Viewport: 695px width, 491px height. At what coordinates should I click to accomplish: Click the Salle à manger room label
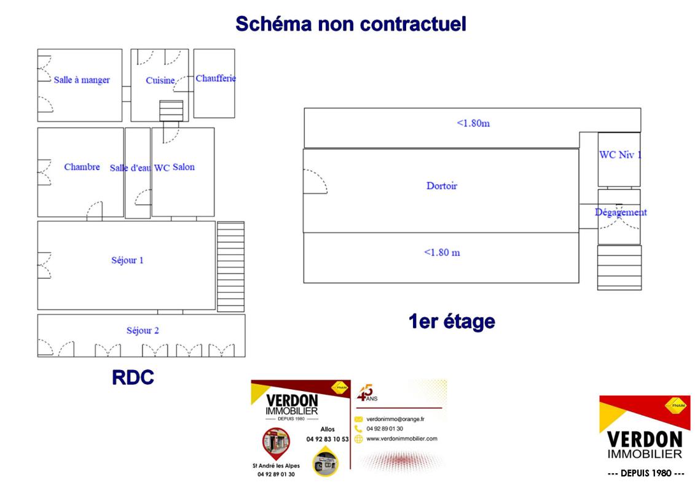coord(82,80)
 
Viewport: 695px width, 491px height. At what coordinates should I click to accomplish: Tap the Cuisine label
coord(160,80)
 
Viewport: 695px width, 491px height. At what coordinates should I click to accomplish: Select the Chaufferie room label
coord(216,79)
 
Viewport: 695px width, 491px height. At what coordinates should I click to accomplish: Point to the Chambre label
coord(82,167)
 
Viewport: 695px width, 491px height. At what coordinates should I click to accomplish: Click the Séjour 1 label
coord(127,260)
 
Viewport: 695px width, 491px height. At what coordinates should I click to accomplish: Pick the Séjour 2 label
coord(143,331)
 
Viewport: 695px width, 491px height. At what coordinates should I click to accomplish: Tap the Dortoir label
coord(442,185)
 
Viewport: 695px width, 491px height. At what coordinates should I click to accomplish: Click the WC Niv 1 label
coord(619,155)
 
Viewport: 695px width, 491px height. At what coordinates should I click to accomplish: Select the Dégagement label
coord(620,212)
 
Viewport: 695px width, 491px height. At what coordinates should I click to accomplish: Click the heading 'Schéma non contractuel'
coord(351,24)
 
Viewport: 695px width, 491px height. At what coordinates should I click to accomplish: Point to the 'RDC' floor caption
coord(133,377)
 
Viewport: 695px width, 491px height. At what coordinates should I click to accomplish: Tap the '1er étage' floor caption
coord(452,320)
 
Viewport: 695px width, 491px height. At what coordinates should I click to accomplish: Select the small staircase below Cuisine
coord(171,111)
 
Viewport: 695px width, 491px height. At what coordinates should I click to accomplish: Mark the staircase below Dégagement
coord(619,268)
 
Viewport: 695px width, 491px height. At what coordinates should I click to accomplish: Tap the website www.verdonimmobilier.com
coord(401,438)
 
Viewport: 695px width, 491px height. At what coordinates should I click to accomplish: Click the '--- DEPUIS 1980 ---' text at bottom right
coord(645,474)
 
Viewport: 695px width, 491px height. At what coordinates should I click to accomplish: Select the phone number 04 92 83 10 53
coord(328,439)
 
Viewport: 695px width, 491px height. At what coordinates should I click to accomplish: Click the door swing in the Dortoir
coord(315,182)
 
